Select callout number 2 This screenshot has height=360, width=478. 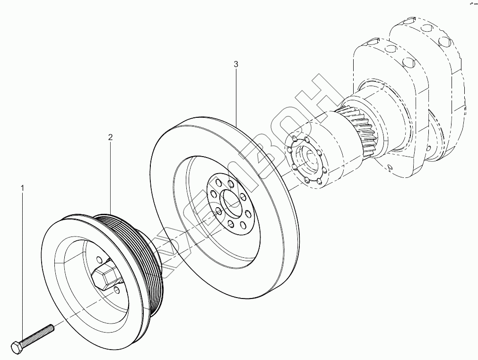click(x=110, y=138)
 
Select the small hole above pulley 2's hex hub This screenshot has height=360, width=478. click(x=99, y=258)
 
